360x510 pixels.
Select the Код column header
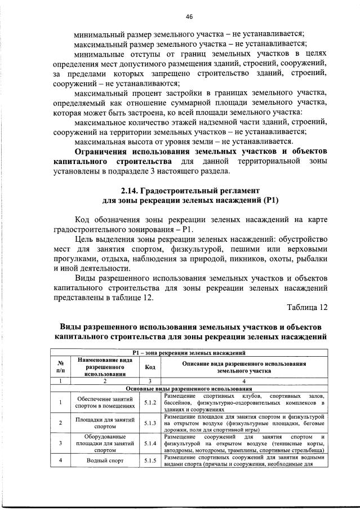(150, 366)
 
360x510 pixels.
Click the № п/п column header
(60, 366)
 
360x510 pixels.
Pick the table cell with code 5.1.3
(150, 423)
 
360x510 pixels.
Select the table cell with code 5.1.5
(150, 460)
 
